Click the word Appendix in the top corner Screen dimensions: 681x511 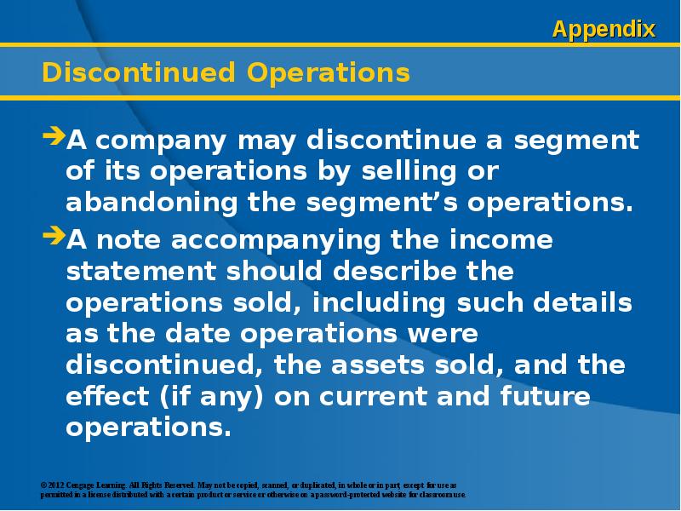point(604,30)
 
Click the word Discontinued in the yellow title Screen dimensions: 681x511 point(139,72)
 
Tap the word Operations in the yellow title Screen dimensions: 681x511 point(329,73)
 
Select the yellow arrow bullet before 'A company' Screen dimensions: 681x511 point(54,135)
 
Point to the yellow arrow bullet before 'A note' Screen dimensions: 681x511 point(54,235)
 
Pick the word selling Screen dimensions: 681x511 point(409,171)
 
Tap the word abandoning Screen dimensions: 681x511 point(152,202)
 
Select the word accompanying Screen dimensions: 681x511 point(275,241)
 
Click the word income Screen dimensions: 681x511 point(501,239)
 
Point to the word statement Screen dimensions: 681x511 point(140,271)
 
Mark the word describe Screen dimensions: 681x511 point(394,271)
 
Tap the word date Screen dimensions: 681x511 point(197,333)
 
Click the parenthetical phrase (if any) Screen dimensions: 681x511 point(211,396)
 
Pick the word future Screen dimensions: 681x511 point(545,396)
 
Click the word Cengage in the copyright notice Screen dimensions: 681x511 point(80,485)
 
